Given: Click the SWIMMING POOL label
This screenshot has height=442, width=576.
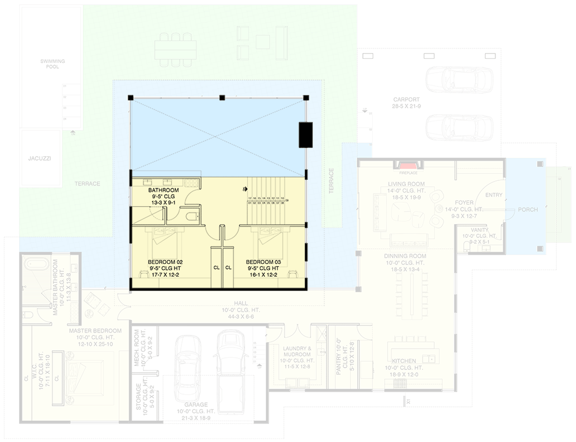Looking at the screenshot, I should point(52,63).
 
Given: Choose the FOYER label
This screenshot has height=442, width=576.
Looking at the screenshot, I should point(464,203).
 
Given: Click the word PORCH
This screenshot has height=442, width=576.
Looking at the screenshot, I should point(527,210).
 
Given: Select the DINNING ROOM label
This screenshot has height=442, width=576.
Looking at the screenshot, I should point(406,256).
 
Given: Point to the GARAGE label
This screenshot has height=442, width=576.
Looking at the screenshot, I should point(196,405).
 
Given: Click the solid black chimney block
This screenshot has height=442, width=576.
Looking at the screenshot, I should point(305,135).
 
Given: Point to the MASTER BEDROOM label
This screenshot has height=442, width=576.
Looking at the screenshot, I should point(95,331).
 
